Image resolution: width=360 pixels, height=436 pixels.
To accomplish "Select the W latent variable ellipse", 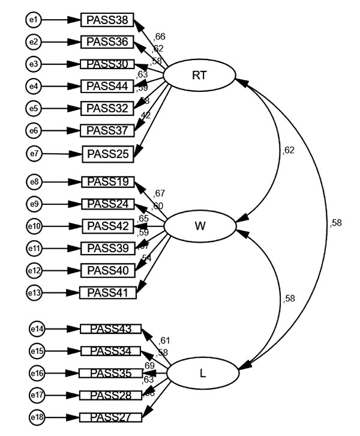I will (x=199, y=227).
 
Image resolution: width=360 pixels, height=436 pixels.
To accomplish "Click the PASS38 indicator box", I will (x=107, y=20).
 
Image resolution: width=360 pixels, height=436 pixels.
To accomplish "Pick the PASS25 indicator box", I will (x=108, y=153).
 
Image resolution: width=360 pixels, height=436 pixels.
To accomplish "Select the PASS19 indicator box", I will (x=108, y=182).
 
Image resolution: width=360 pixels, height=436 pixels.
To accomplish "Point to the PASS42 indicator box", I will (x=108, y=226).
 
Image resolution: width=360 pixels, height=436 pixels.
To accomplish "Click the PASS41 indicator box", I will (x=108, y=292).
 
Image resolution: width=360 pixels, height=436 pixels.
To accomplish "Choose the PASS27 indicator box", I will (x=110, y=417).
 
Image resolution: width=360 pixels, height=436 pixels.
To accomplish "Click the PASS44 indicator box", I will (x=107, y=86).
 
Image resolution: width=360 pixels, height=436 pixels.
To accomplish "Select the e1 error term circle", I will (x=34, y=20).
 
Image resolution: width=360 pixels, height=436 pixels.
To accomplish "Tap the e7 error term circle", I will (x=34, y=153).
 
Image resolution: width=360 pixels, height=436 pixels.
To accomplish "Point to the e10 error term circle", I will (x=34, y=226).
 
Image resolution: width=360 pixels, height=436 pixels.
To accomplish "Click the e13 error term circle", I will (x=34, y=292).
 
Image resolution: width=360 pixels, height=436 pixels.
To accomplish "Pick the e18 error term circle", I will (x=37, y=417).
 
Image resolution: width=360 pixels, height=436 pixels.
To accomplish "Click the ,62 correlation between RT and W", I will (x=288, y=150).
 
